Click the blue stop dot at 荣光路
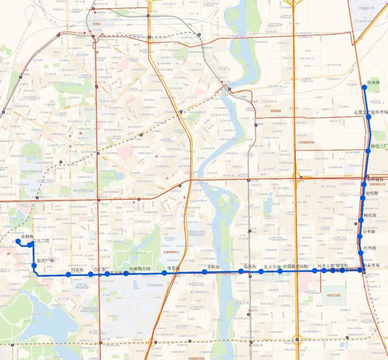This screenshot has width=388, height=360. point(365,87)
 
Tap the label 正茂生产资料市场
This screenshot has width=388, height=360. point(371,112)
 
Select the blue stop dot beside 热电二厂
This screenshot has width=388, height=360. point(368,151)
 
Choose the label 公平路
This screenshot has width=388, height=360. point(369,232)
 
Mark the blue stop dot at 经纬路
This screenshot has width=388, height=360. point(361,253)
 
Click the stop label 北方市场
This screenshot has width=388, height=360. point(272,266)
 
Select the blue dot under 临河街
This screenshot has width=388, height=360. point(241,271)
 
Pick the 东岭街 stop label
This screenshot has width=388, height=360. point(213,267)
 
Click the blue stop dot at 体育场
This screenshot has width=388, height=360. point(164,273)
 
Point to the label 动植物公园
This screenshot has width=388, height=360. point(137,268)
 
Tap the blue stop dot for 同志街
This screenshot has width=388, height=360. point(68,275)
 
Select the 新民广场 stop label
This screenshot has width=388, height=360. point(45,260)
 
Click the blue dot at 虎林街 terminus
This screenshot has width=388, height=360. point(18,241)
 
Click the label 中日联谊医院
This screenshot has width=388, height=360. point(296,266)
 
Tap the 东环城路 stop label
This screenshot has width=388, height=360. point(375,179)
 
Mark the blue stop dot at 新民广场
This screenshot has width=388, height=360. point(34,266)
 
